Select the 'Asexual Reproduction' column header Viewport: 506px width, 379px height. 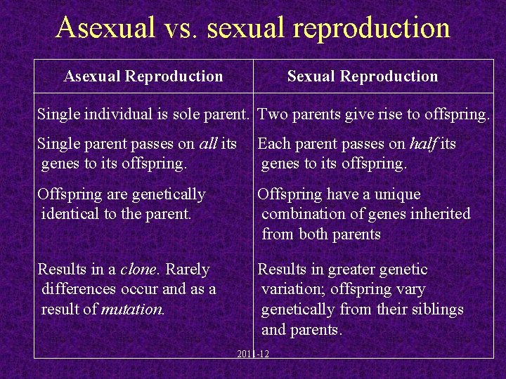[143, 77]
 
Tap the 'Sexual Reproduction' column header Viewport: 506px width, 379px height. [362, 77]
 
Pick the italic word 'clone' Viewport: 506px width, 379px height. [139, 270]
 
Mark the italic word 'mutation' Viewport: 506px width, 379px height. [133, 309]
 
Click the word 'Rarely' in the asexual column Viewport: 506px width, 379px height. [188, 270]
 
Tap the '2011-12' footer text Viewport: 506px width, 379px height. [253, 354]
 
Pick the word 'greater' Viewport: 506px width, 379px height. [351, 270]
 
